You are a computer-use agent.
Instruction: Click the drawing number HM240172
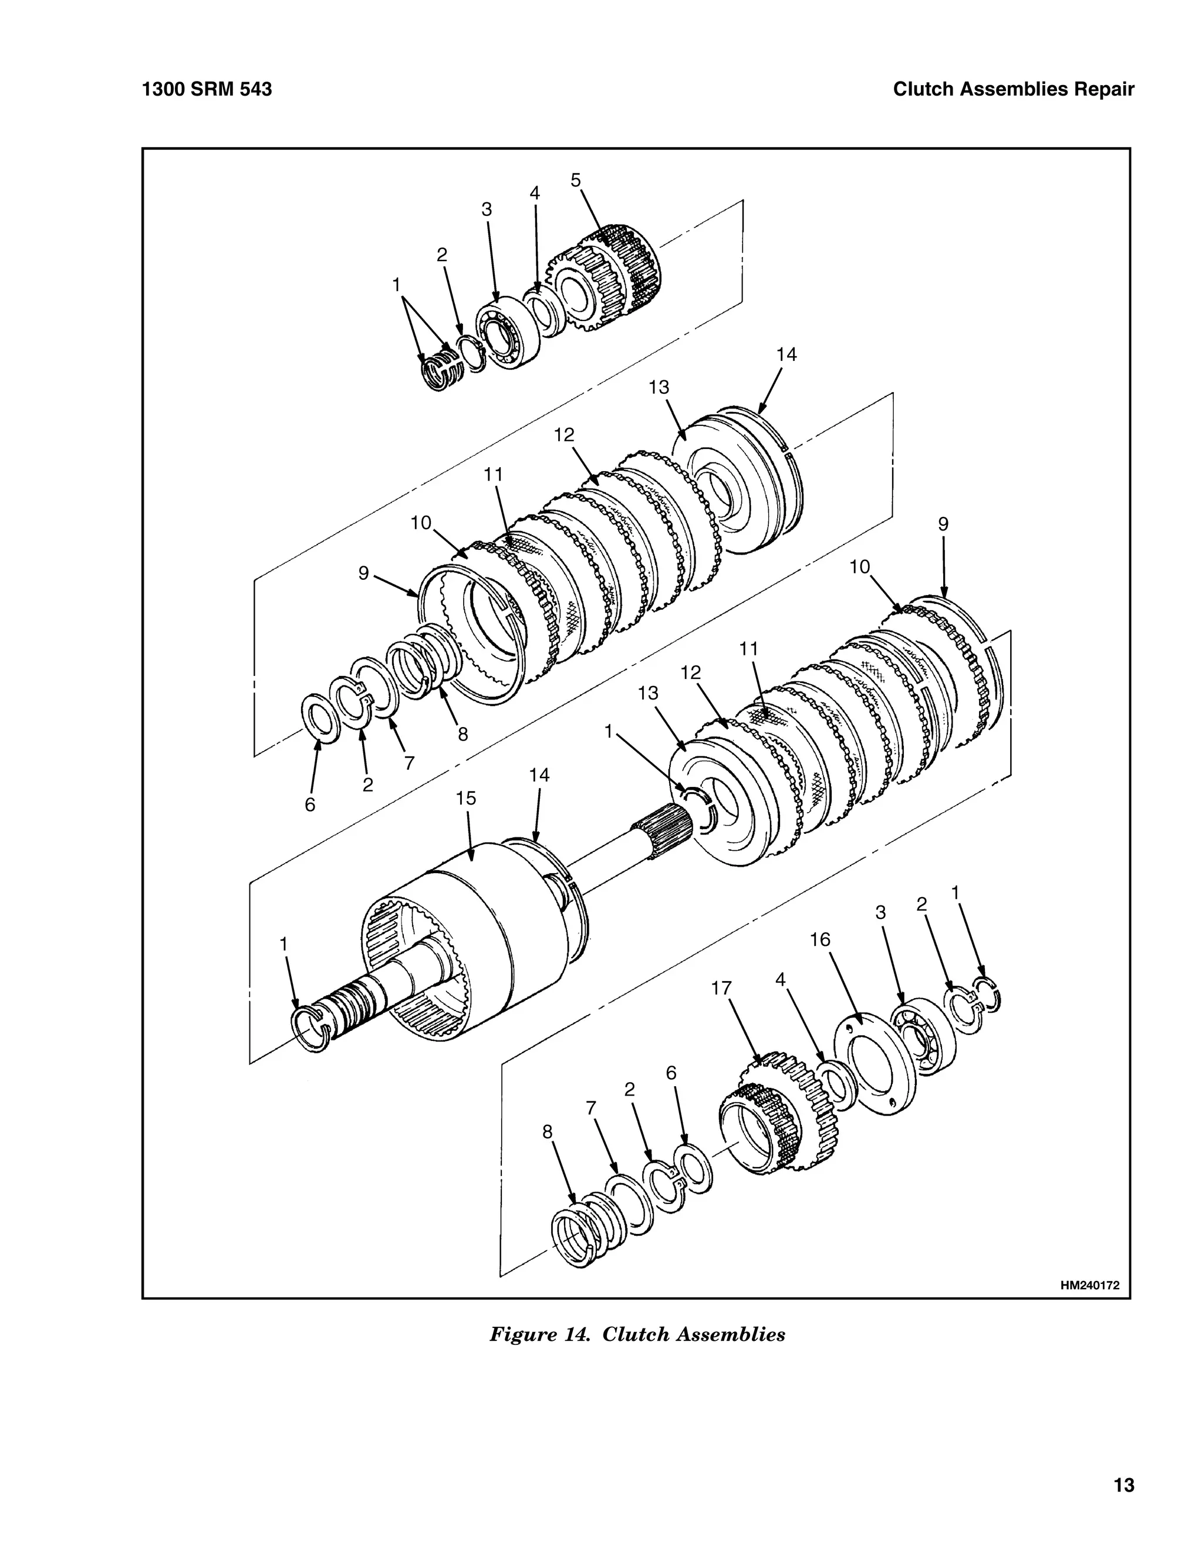click(x=1089, y=1285)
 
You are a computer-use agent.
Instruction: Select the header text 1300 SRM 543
click(x=207, y=90)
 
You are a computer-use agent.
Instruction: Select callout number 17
click(x=721, y=988)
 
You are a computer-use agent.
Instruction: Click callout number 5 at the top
click(x=575, y=180)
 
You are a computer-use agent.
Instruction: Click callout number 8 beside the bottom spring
click(x=547, y=1131)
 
